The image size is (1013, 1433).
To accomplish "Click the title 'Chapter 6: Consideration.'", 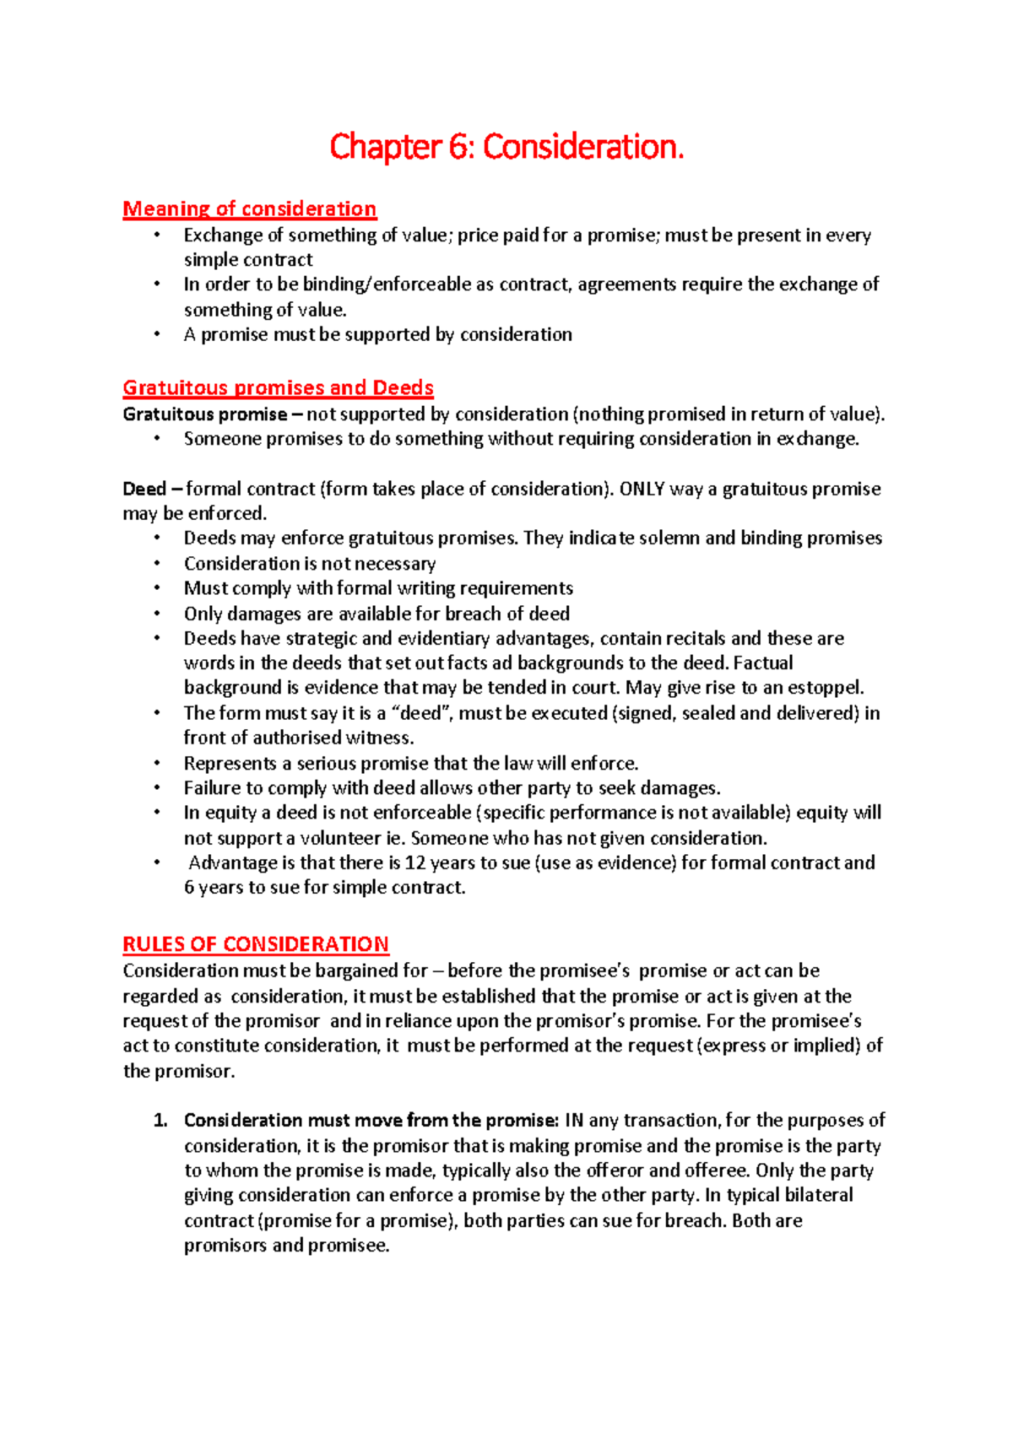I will point(506,147).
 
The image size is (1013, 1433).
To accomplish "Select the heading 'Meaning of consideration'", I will point(250,208).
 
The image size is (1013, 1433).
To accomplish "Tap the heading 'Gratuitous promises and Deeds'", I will point(278,387).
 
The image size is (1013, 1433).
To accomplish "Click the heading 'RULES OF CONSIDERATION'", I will point(256,944).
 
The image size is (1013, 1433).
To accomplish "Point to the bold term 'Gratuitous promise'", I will point(205,414).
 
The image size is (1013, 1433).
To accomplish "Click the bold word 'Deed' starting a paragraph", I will point(144,489).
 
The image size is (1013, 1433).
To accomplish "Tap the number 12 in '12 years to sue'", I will point(414,863).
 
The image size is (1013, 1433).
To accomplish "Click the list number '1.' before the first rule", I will point(160,1121).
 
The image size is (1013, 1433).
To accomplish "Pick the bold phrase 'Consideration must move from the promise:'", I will point(371,1121).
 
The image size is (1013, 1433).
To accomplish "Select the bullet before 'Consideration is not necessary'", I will point(157,564).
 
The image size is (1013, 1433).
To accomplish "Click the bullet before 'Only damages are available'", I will point(157,614).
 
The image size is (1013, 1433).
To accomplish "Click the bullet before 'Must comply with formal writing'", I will point(157,588).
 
